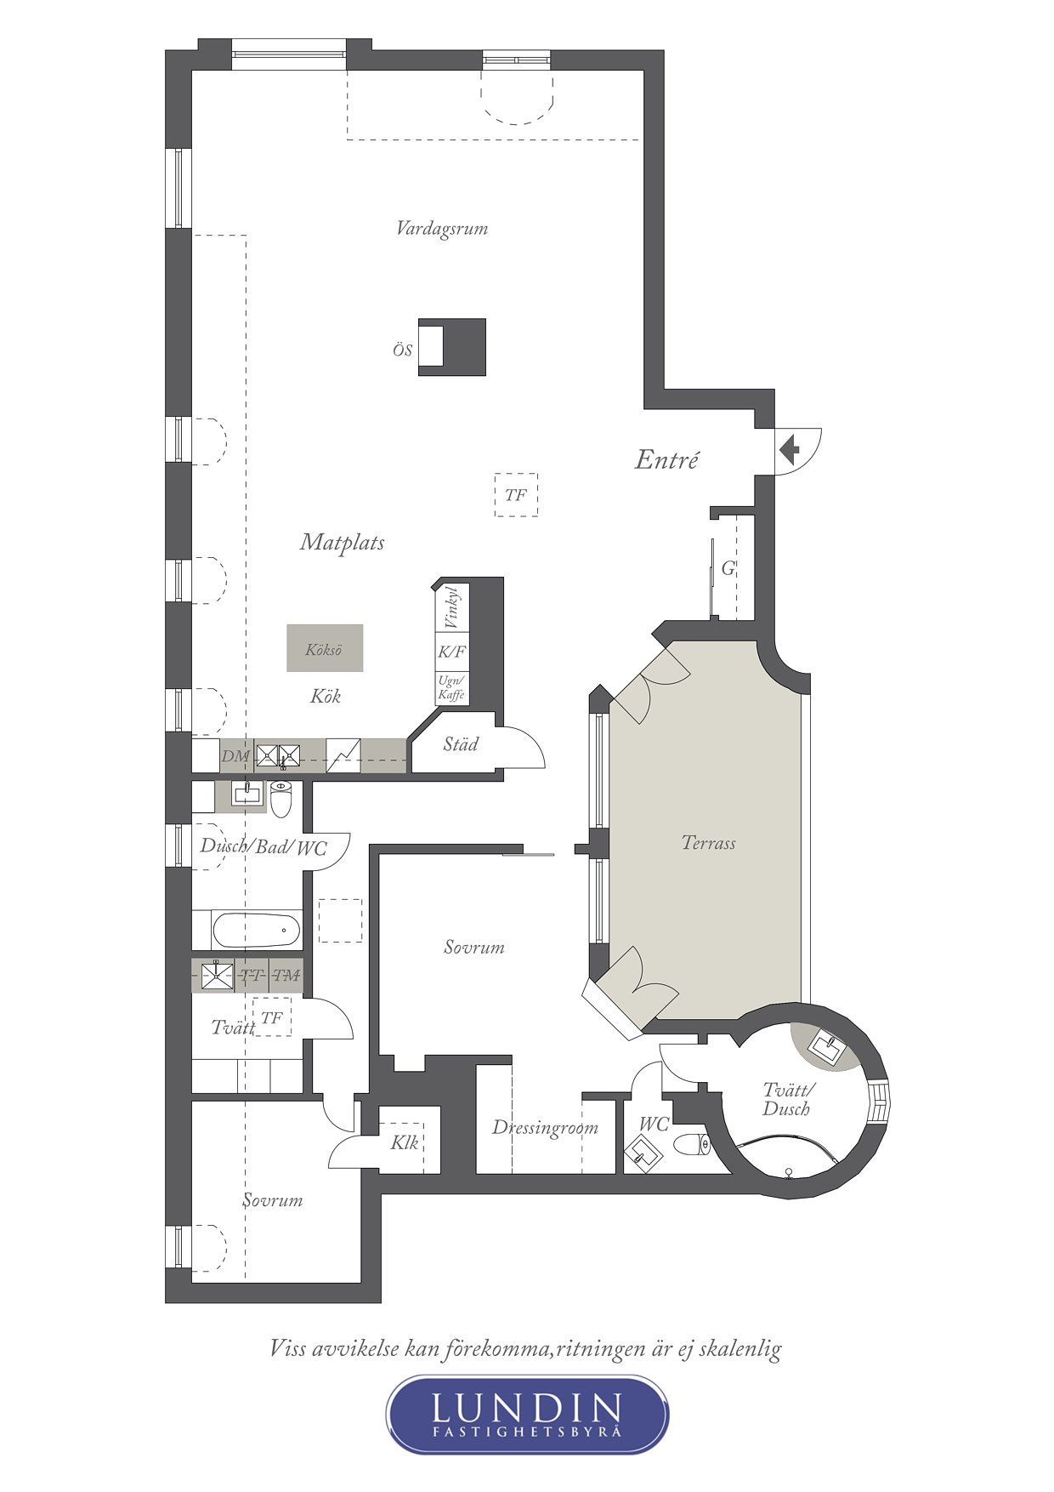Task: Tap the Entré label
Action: pyautogui.click(x=667, y=460)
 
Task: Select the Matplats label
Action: pyautogui.click(x=342, y=543)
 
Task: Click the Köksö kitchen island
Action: pyautogui.click(x=325, y=648)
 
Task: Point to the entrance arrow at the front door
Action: pyautogui.click(x=789, y=448)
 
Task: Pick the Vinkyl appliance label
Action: pyautogui.click(x=450, y=607)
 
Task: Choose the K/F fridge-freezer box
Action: pyautogui.click(x=451, y=652)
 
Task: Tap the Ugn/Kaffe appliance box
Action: pyautogui.click(x=451, y=688)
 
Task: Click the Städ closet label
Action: pyautogui.click(x=461, y=744)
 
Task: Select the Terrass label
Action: pyautogui.click(x=708, y=843)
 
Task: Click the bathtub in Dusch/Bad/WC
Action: pyautogui.click(x=256, y=931)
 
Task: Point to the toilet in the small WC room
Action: pyautogui.click(x=692, y=1145)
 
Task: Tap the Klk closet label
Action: pyautogui.click(x=405, y=1142)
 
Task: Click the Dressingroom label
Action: pyautogui.click(x=545, y=1129)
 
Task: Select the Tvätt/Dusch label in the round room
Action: pyautogui.click(x=786, y=1100)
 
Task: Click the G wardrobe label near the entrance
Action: pyautogui.click(x=728, y=568)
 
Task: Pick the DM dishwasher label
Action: pyautogui.click(x=235, y=755)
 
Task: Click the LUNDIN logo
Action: pyautogui.click(x=527, y=1414)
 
